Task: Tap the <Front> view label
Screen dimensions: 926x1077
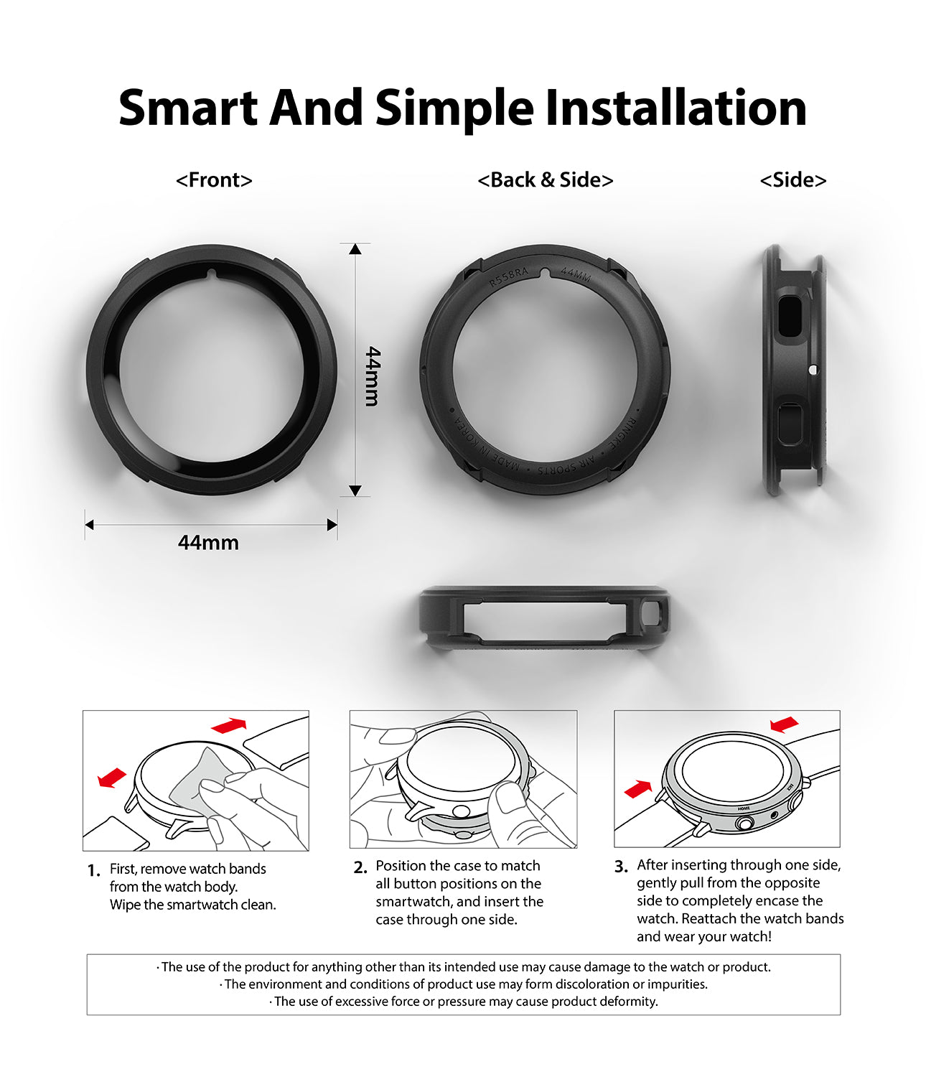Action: [214, 179]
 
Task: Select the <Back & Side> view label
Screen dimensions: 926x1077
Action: [546, 179]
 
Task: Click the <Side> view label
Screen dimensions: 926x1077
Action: [793, 179]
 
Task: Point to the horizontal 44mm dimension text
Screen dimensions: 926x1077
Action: [208, 542]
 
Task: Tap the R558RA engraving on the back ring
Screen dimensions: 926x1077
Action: [508, 276]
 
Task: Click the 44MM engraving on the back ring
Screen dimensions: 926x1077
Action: [576, 274]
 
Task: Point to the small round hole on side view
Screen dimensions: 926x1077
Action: [813, 370]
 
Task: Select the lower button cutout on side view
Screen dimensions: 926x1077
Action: [790, 424]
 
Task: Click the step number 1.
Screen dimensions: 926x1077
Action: [94, 871]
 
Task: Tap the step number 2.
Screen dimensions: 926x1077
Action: [360, 867]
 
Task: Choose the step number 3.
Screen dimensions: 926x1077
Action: [621, 867]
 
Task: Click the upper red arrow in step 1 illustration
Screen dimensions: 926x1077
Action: [229, 725]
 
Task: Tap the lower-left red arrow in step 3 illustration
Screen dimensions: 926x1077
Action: [638, 789]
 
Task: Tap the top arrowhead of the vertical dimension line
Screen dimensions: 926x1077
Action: [355, 249]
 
